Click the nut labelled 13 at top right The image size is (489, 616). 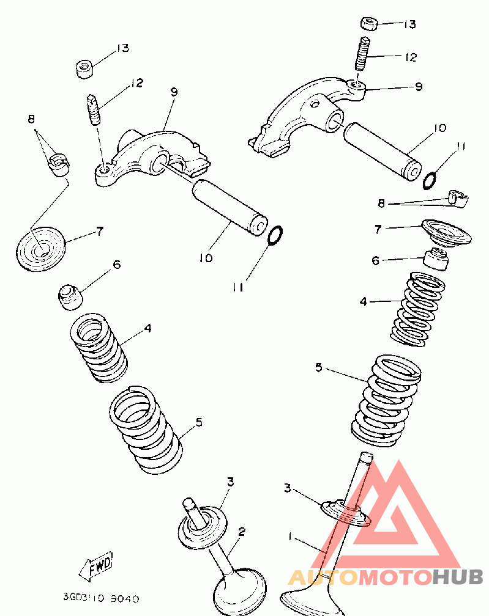click(368, 24)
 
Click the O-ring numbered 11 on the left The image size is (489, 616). click(275, 234)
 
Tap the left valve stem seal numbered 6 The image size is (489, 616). click(71, 296)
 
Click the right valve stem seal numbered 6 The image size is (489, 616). click(438, 258)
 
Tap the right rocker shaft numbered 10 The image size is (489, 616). click(382, 148)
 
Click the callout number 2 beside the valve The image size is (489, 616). click(242, 532)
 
